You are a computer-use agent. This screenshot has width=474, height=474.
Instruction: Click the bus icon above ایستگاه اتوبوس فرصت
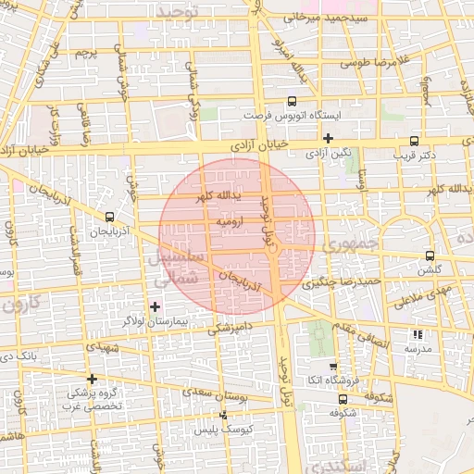coord(293,101)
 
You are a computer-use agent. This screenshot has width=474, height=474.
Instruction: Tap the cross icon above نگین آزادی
coord(328,137)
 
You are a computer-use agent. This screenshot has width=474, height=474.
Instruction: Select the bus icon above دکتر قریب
coord(413,142)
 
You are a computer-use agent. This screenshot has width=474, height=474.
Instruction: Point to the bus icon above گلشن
coord(429,256)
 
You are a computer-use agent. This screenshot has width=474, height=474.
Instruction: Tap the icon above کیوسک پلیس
coord(222,416)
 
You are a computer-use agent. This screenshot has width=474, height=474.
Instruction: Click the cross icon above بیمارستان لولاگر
coord(155,306)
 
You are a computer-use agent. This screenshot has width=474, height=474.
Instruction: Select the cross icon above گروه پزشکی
coord(92,379)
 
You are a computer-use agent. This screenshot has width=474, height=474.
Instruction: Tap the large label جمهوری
coord(353,244)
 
